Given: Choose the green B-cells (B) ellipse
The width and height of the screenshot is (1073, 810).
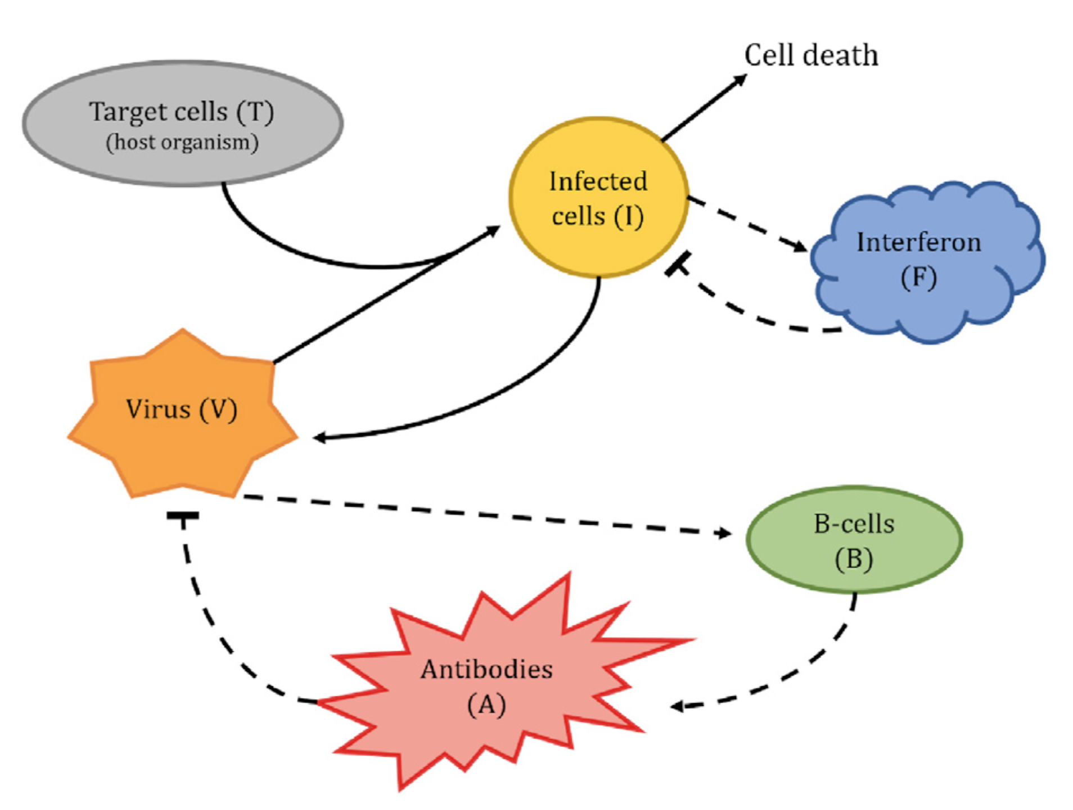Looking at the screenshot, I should (853, 540).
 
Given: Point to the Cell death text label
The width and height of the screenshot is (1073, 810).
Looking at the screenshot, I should (810, 55).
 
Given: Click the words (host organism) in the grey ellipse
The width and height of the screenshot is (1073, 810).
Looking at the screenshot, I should (182, 142).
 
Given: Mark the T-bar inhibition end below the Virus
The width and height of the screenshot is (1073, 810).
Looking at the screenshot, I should (183, 516).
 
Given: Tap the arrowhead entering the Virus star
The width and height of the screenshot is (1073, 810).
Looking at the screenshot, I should (319, 438).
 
